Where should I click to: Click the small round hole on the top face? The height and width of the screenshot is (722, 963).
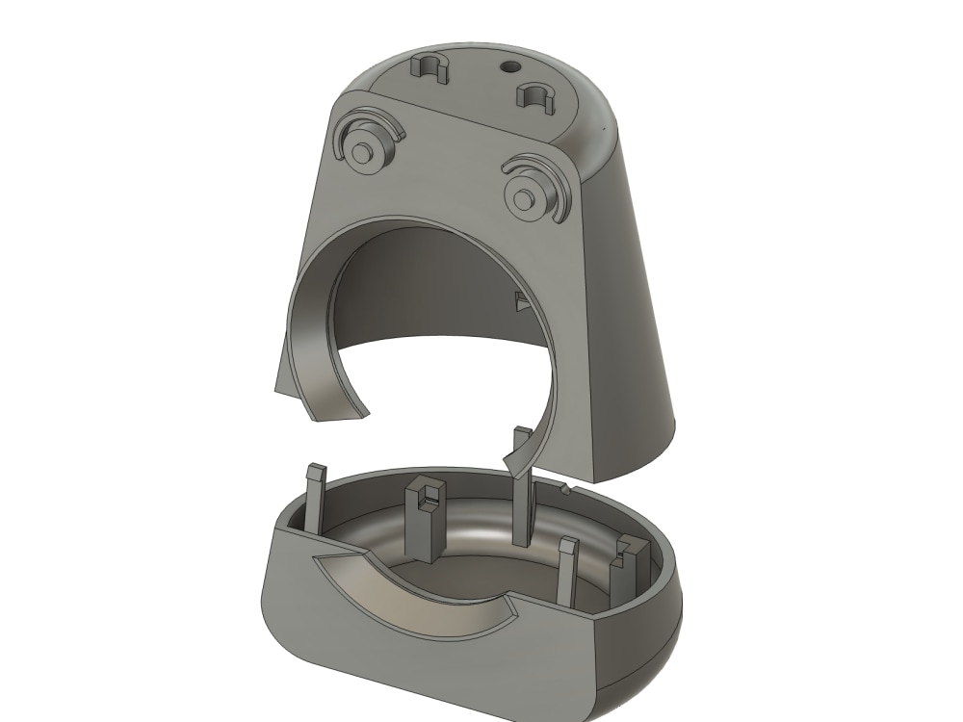point(508,66)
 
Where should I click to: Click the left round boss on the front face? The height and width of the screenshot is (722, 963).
point(363,152)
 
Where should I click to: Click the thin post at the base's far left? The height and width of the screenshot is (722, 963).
point(313,496)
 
